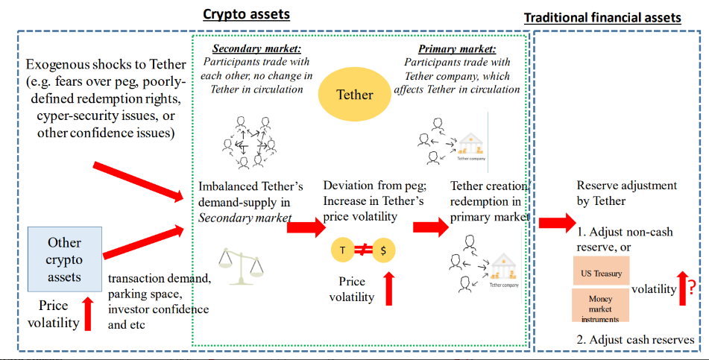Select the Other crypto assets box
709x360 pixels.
click(64, 259)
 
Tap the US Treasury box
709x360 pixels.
click(601, 273)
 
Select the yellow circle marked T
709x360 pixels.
click(342, 250)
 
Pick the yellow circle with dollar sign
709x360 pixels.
click(383, 250)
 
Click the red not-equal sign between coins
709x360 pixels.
click(363, 250)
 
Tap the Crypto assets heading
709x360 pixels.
click(246, 14)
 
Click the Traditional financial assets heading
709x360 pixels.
click(602, 17)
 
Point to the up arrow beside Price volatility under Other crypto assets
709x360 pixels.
click(88, 313)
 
